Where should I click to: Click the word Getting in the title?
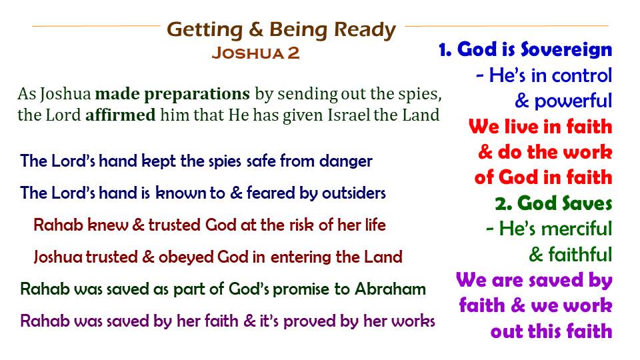(205, 31)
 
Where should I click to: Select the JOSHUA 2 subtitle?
(255, 53)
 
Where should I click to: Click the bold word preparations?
(172, 94)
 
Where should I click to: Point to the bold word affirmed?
(121, 115)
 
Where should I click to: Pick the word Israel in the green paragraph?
(349, 115)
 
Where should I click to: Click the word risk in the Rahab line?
(304, 225)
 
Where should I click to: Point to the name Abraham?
(390, 289)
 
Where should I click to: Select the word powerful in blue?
(573, 101)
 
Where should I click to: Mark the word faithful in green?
(581, 254)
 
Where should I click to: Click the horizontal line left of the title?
(96, 26)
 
